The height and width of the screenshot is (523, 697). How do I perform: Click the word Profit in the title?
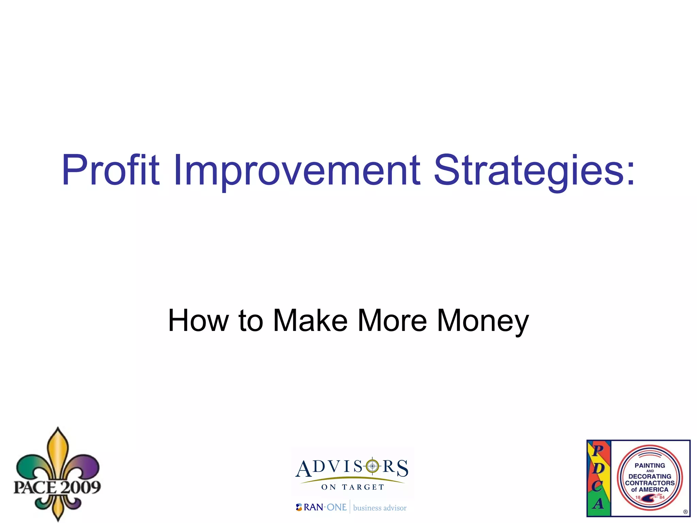[x=110, y=170]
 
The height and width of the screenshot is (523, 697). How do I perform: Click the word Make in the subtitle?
[x=310, y=320]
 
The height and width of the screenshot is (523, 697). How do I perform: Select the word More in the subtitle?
[x=392, y=320]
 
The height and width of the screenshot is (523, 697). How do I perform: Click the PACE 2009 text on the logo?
[x=57, y=487]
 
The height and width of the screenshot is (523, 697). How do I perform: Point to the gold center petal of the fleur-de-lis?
[x=58, y=453]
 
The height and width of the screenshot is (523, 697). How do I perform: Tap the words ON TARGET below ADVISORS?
[x=353, y=487]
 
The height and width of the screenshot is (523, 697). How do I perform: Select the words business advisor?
[x=380, y=508]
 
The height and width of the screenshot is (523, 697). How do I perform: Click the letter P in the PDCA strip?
[x=598, y=450]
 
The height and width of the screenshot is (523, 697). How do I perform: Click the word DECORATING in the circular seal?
[x=650, y=476]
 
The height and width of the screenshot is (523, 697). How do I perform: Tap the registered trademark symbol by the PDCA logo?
[x=685, y=512]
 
